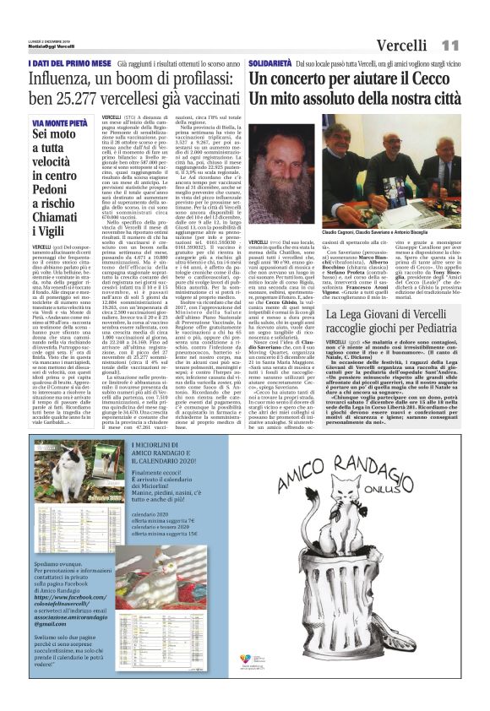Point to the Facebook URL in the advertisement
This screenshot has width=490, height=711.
click(77, 603)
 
